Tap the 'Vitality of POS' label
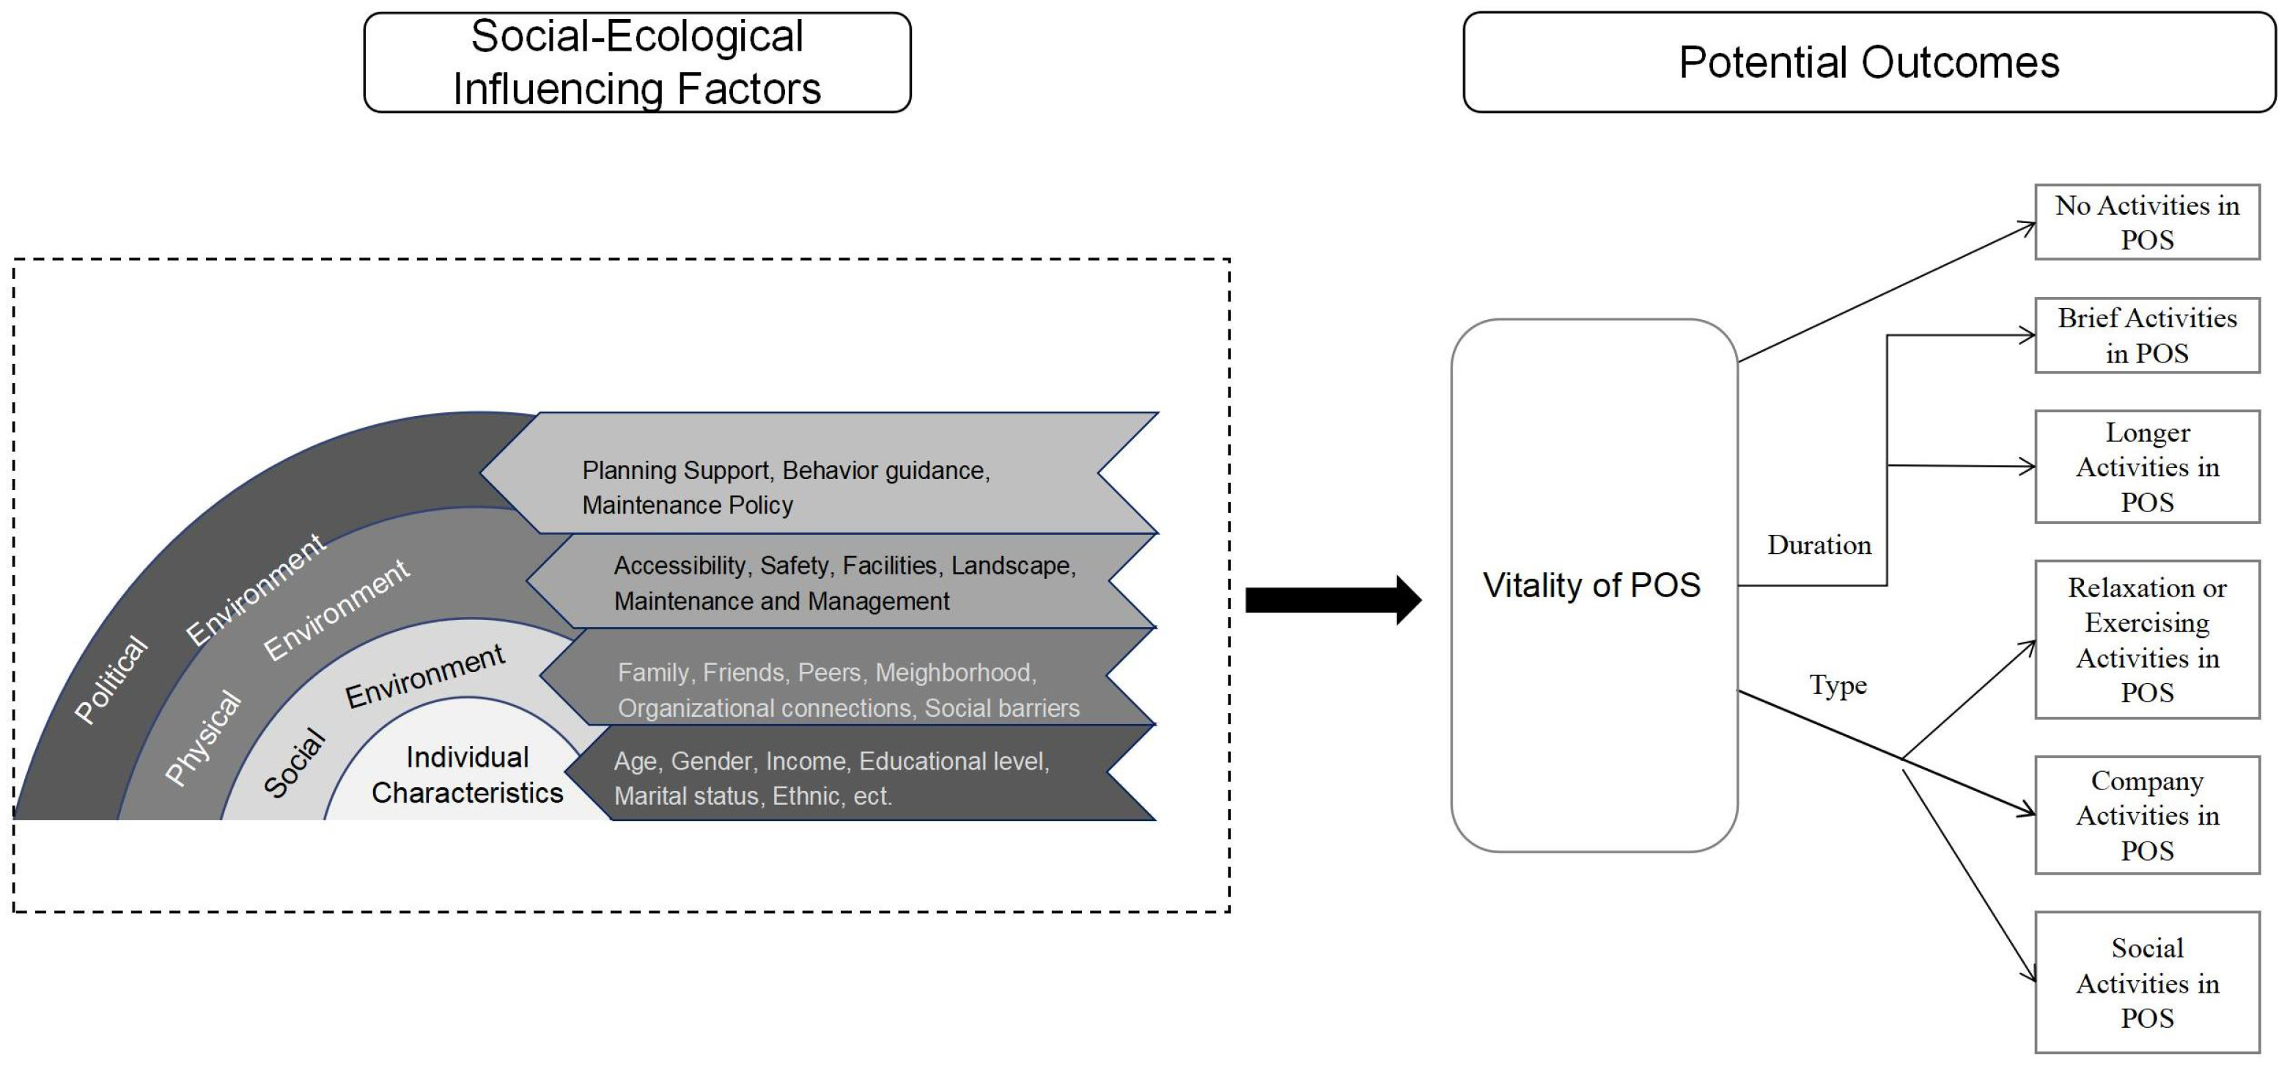point(1591,585)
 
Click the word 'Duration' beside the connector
point(1818,544)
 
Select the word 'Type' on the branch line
point(1837,685)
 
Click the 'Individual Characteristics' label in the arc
point(467,775)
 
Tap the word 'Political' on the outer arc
point(110,679)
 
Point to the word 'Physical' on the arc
point(202,737)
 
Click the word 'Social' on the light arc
point(295,762)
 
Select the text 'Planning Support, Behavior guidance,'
point(786,470)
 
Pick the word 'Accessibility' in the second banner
point(680,566)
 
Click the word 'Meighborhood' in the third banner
point(954,673)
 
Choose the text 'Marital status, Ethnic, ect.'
point(752,796)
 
